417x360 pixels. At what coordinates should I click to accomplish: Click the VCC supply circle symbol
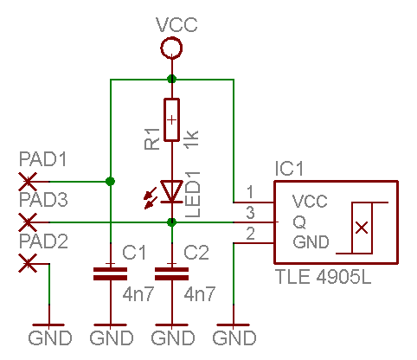pyautogui.click(x=171, y=37)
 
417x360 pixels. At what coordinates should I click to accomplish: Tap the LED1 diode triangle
pyautogui.click(x=171, y=191)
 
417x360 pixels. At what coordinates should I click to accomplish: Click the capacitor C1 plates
pyautogui.click(x=110, y=273)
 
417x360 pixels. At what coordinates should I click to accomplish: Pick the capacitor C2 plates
pyautogui.click(x=171, y=273)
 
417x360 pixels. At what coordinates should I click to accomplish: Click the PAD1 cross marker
pyautogui.click(x=28, y=182)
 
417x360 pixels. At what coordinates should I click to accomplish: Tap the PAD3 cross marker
pyautogui.click(x=28, y=222)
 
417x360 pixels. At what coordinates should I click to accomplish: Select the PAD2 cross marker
pyautogui.click(x=28, y=263)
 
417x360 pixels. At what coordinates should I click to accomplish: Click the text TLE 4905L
pyautogui.click(x=324, y=277)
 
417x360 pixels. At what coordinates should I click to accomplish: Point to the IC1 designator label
pyautogui.click(x=289, y=169)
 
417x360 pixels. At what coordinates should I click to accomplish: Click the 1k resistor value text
pyautogui.click(x=192, y=139)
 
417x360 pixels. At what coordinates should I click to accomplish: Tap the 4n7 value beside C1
pyautogui.click(x=138, y=294)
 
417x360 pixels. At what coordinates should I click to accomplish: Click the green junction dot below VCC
pyautogui.click(x=171, y=79)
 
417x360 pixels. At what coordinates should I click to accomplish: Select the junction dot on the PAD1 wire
pyautogui.click(x=110, y=182)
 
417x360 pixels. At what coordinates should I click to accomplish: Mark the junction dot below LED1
pyautogui.click(x=171, y=222)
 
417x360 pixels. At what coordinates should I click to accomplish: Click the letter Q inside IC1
pyautogui.click(x=299, y=222)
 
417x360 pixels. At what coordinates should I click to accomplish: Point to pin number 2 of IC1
pyautogui.click(x=250, y=234)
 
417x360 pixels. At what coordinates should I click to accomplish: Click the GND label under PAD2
pyautogui.click(x=50, y=337)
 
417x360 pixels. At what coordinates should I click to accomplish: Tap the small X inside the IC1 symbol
pyautogui.click(x=362, y=228)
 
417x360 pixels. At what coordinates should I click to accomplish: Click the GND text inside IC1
pyautogui.click(x=311, y=241)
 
